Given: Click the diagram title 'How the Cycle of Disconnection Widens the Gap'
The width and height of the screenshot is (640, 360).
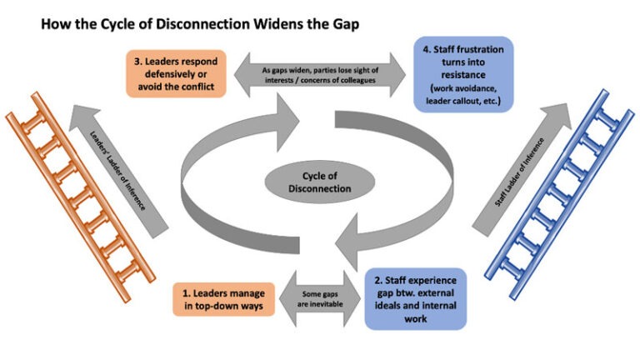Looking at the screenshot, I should pyautogui.click(x=200, y=24).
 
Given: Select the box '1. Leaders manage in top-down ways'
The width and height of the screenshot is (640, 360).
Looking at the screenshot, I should pyautogui.click(x=227, y=300).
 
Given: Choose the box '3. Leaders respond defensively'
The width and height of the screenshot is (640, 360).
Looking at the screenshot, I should pyautogui.click(x=177, y=73).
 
